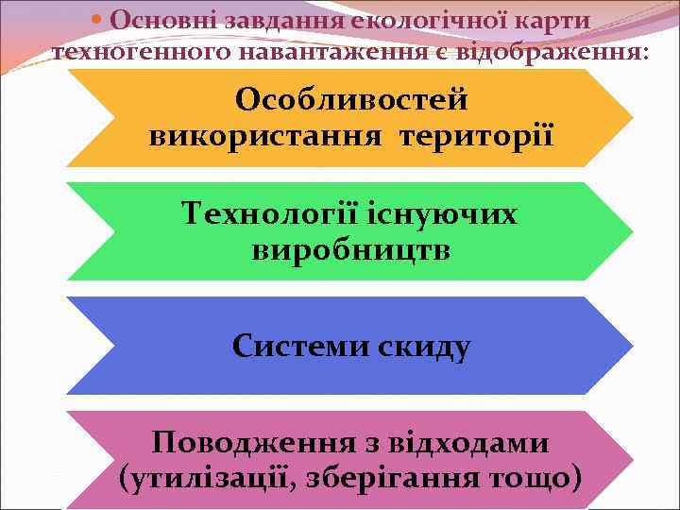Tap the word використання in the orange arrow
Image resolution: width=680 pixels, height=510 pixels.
coord(267,135)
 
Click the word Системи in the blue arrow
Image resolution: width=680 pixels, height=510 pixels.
coord(300,347)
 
